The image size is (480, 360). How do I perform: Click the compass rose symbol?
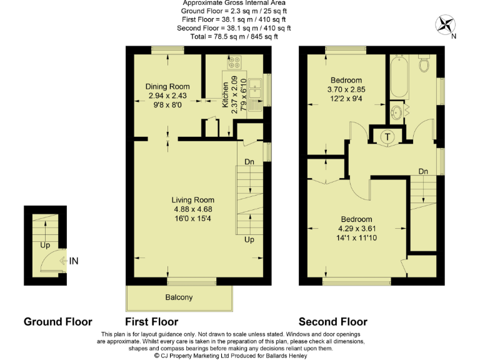tap(446, 26)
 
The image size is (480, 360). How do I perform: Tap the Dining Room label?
tap(167, 87)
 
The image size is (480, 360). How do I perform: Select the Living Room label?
tap(193, 200)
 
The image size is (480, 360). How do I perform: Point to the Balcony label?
tap(179, 297)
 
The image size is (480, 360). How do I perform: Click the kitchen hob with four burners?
tap(236, 62)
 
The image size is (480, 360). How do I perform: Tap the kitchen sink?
tap(255, 91)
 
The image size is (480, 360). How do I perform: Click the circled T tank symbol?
tap(387, 137)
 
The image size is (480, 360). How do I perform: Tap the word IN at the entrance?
tap(74, 261)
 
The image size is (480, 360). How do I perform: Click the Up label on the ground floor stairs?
tap(45, 245)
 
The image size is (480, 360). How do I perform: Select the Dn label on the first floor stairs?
tap(249, 162)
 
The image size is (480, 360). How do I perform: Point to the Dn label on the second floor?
tap(423, 171)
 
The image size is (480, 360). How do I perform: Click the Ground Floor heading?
tap(57, 322)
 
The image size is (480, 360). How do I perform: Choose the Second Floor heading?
tap(332, 322)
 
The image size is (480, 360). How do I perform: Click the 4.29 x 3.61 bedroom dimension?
tap(356, 229)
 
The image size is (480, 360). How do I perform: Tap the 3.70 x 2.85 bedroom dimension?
tap(346, 89)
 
